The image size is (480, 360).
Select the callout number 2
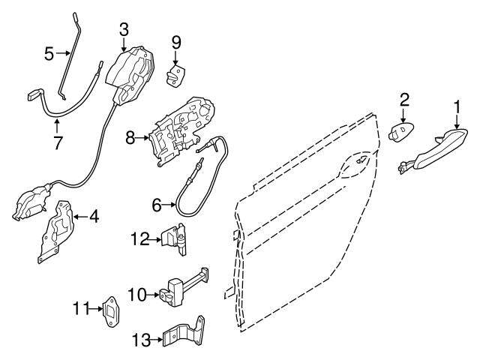tap(403, 98)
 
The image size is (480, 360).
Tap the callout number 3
tap(124, 29)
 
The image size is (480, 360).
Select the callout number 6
tap(156, 204)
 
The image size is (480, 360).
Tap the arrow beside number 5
tap(63, 52)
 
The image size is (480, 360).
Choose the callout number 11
tap(81, 307)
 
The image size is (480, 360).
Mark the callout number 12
tap(138, 239)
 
